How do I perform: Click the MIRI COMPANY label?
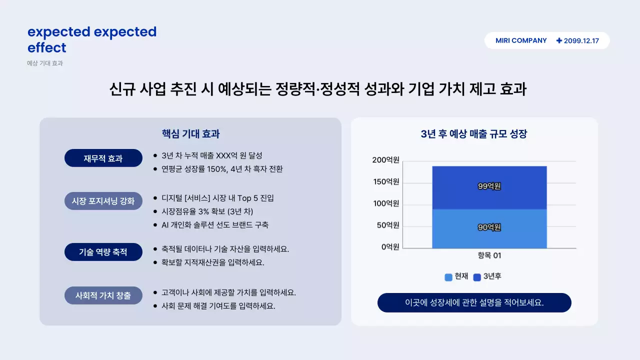521,40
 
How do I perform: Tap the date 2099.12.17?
581,41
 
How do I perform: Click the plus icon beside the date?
559,40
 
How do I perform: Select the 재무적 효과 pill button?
103,158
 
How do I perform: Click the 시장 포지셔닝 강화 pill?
103,201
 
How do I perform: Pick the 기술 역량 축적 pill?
103,252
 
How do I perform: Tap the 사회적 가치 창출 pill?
103,295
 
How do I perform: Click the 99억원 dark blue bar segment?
489,187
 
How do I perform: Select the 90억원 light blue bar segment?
489,228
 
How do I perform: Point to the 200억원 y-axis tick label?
385,160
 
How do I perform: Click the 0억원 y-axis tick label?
389,246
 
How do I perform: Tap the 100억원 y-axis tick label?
385,203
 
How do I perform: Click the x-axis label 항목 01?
489,255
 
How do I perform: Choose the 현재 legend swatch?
448,277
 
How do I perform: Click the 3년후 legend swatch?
477,277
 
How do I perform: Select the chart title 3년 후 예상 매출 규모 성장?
474,134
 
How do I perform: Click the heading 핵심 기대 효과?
190,134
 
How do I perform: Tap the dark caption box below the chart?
474,302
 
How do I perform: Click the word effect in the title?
47,48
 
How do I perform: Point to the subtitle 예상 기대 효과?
45,63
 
